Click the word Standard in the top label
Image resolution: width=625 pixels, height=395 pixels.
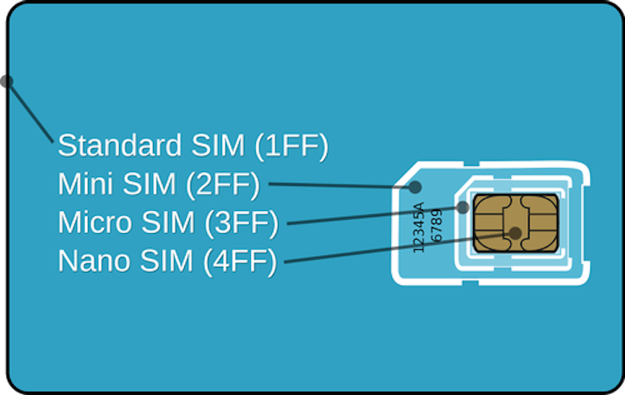tap(120, 145)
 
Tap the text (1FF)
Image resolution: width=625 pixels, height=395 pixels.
tap(291, 147)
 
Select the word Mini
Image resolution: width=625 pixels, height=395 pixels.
tap(87, 184)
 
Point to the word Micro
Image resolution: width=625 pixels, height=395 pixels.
tap(95, 222)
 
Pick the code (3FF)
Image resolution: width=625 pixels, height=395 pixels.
tap(242, 224)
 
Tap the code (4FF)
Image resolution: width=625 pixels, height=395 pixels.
tap(241, 262)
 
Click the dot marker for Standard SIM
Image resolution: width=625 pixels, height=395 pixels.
tap(7, 82)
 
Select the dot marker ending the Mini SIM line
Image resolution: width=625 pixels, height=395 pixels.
tap(415, 187)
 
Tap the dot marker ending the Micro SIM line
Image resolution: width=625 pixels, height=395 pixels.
tap(462, 207)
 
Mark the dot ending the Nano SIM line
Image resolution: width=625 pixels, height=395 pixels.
tap(515, 233)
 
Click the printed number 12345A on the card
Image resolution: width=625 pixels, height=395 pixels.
tap(419, 227)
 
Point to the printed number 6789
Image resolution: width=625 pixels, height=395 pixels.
tap(437, 225)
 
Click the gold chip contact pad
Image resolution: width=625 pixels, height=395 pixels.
tap(516, 223)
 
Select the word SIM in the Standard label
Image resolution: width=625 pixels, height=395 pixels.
tap(218, 145)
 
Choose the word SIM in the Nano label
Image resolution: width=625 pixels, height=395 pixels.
tap(166, 261)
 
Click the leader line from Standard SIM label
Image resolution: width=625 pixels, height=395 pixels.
tap(30, 112)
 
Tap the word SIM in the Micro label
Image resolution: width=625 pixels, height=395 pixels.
tap(168, 222)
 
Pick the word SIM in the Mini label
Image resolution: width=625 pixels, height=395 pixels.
tap(149, 184)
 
